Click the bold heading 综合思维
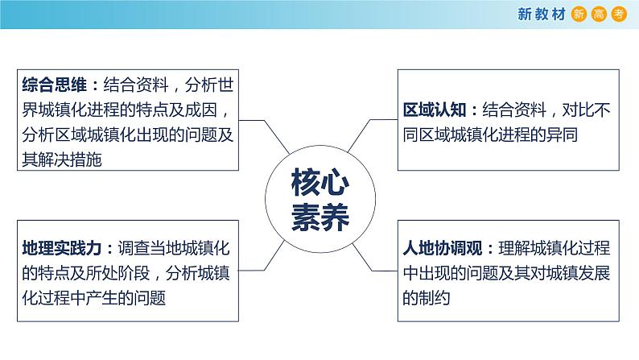(55, 85)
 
